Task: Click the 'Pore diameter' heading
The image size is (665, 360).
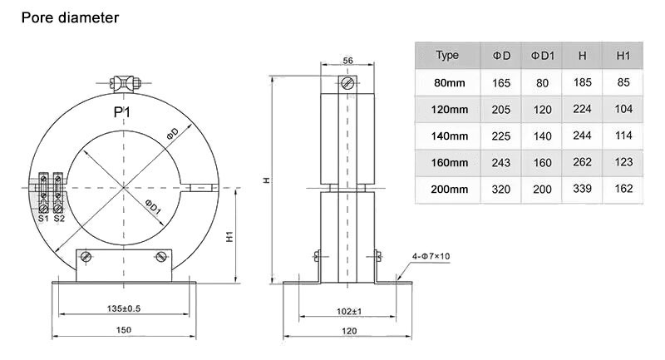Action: coord(70,17)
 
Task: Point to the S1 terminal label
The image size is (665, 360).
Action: coord(43,219)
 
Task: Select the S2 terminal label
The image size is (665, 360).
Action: coord(59,219)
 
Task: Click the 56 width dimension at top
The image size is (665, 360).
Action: coord(347,61)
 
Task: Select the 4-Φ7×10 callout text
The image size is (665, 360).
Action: coord(430,255)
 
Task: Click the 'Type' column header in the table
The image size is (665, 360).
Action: coord(447,56)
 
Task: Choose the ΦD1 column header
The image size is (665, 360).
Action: coord(542,56)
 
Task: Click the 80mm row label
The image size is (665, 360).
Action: coord(451,82)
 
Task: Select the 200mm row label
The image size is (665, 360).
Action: coord(451,190)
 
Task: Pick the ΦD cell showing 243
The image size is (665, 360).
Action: coord(500,163)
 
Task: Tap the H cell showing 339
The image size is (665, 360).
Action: coord(582,190)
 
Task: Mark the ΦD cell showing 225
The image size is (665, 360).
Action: coord(500,136)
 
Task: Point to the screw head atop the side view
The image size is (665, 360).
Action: coord(347,84)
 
